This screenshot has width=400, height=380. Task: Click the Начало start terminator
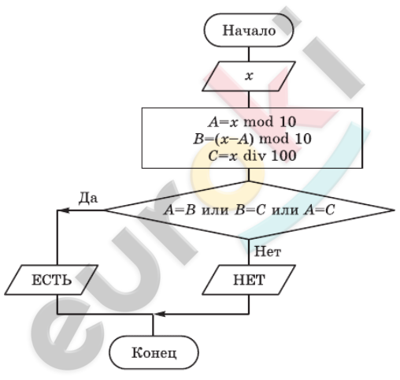pyautogui.click(x=249, y=30)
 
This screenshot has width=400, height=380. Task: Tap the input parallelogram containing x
pyautogui.click(x=249, y=76)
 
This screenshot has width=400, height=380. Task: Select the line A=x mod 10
pyautogui.click(x=252, y=122)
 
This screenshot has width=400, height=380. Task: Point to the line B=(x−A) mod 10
pyautogui.click(x=252, y=139)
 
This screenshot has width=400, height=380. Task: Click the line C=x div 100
pyautogui.click(x=252, y=155)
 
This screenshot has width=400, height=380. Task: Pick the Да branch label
pyautogui.click(x=88, y=198)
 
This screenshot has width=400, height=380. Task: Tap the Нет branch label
pyautogui.click(x=268, y=251)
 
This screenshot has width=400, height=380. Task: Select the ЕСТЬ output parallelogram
pyautogui.click(x=51, y=280)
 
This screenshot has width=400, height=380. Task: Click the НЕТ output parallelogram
pyautogui.click(x=249, y=280)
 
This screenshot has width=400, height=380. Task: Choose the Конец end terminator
pyautogui.click(x=154, y=352)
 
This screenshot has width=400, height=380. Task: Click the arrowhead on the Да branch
pyautogui.click(x=64, y=210)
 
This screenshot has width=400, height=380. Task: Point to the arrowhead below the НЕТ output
pyautogui.click(x=160, y=314)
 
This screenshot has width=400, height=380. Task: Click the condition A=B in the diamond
pyautogui.click(x=180, y=210)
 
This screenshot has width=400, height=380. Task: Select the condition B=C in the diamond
pyautogui.click(x=250, y=210)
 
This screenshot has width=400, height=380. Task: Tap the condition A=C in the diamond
pyautogui.click(x=319, y=210)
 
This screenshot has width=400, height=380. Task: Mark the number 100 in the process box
pyautogui.click(x=283, y=155)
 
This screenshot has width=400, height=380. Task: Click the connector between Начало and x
pyautogui.click(x=249, y=54)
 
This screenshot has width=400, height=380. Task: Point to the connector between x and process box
pyautogui.click(x=249, y=99)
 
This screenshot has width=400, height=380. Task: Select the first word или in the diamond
pyautogui.click(x=215, y=210)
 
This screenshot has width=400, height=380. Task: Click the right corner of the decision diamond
pyautogui.click(x=394, y=210)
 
